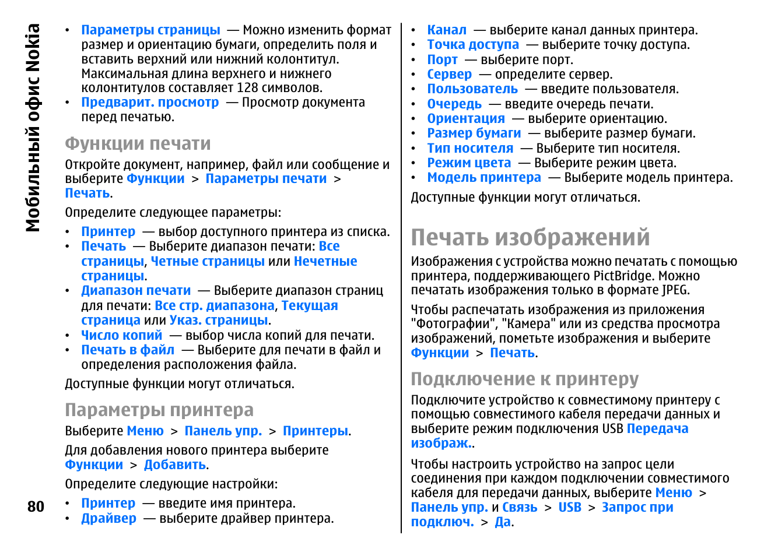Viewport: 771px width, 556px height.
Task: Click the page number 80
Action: [36, 506]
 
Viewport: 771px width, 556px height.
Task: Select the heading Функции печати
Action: [138, 143]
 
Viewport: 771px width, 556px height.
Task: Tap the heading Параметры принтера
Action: [159, 410]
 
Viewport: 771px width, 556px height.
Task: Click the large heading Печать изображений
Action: [530, 237]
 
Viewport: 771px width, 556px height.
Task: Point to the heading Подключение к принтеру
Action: [524, 379]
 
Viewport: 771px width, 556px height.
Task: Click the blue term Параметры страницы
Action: [150, 30]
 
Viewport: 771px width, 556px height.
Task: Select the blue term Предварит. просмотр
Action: [150, 102]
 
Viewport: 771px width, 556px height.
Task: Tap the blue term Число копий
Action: [121, 335]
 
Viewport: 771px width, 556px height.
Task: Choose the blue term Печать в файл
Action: [128, 350]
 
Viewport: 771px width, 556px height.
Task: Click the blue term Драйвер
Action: [108, 518]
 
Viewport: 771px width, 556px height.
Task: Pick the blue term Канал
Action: [447, 30]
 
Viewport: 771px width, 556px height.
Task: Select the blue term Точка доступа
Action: [473, 44]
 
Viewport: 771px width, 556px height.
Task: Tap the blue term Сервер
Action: [449, 74]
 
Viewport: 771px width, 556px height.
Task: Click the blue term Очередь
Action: [454, 104]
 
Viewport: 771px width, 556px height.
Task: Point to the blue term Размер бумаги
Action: [474, 133]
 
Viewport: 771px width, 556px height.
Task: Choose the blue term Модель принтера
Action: [484, 177]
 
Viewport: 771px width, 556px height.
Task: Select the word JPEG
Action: [676, 290]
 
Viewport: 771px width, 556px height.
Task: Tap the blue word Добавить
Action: [175, 464]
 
